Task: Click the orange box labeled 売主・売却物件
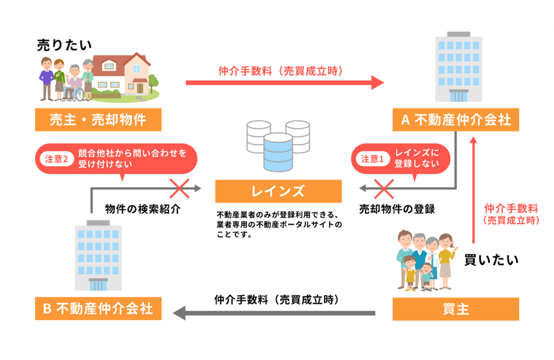98,120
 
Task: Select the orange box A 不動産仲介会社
455,120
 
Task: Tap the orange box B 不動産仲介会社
98,308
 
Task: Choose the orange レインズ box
278,192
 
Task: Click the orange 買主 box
455,309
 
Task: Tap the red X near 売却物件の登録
384,188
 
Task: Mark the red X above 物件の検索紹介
180,188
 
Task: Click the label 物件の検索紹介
143,209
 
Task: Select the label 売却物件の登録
397,209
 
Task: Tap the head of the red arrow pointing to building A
378,83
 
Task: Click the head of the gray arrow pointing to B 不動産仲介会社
179,314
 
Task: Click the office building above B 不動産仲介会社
98,255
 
